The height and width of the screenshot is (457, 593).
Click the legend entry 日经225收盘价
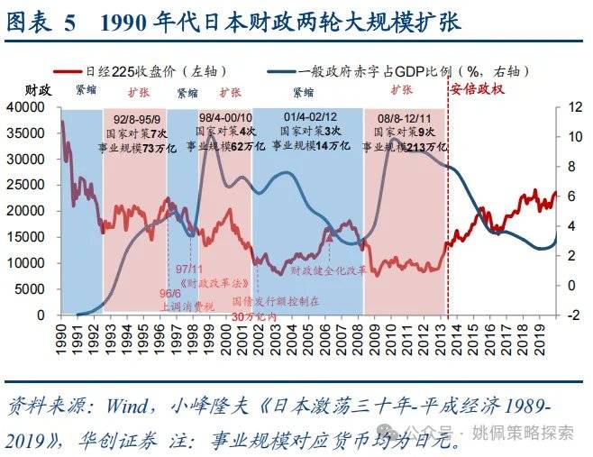tap(150, 71)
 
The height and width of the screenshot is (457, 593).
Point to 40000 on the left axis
tap(30, 107)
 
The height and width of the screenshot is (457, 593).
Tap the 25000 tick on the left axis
tap(30, 186)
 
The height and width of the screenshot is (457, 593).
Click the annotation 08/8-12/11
tap(404, 117)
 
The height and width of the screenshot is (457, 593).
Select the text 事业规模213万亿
tap(405, 146)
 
